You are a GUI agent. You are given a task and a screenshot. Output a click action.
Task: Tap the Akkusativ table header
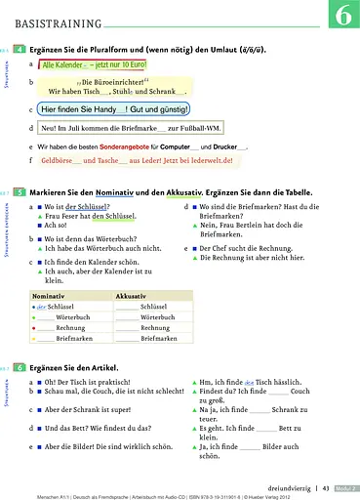tap(132, 294)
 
